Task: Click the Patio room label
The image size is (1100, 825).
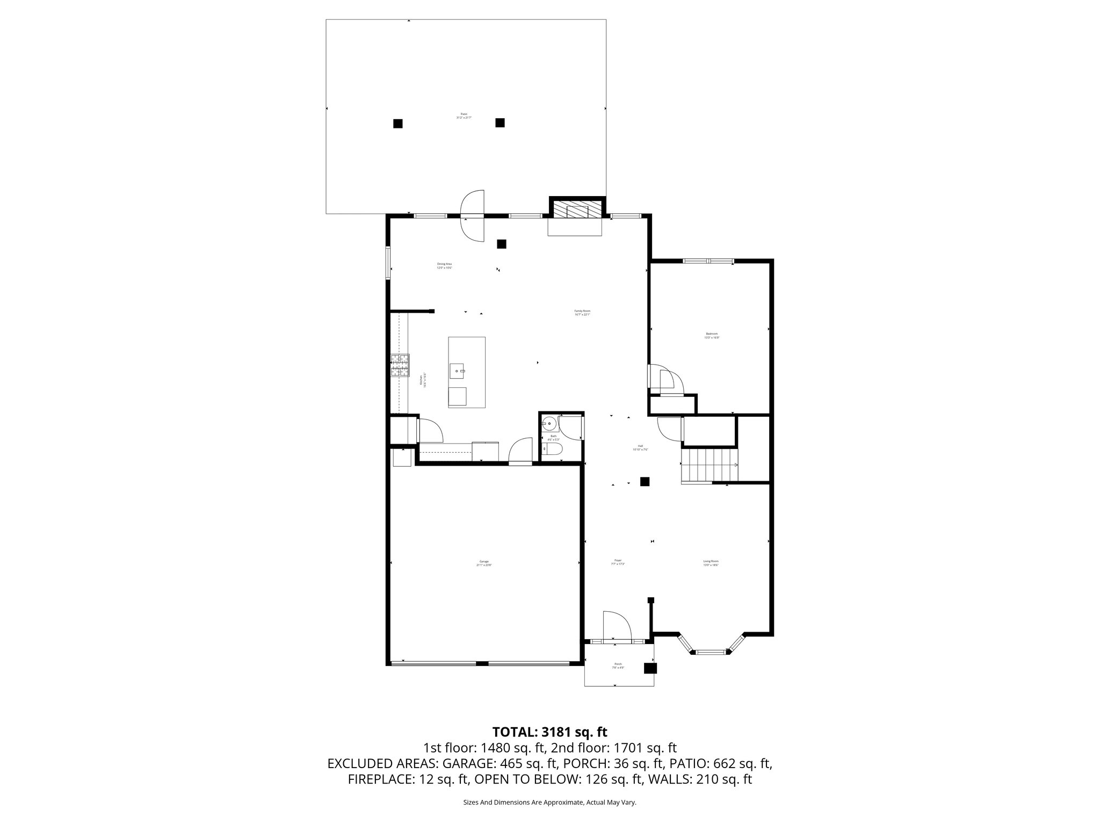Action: (464, 115)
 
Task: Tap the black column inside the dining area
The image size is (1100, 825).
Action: (502, 244)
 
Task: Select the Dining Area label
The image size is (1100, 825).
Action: (444, 266)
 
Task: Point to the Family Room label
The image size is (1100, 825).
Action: (582, 313)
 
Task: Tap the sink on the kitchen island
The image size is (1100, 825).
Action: (458, 370)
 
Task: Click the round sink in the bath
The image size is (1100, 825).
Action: (549, 423)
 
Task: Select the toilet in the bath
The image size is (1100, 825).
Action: (553, 449)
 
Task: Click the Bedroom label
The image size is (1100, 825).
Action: (712, 336)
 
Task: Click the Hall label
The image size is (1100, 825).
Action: (640, 447)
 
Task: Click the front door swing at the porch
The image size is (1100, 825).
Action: (616, 626)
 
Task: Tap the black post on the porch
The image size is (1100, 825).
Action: (650, 668)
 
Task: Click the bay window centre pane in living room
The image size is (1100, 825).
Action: (711, 652)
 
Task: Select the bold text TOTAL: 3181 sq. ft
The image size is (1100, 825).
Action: (549, 732)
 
